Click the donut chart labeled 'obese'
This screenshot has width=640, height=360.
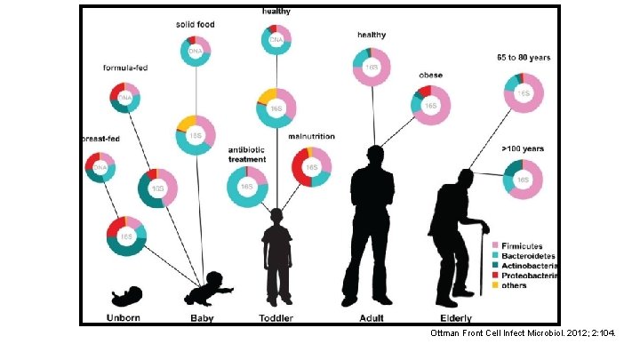pos(431,105)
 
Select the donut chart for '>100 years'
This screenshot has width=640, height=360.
pos(524,180)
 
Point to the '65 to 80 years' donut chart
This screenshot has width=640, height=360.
pos(524,92)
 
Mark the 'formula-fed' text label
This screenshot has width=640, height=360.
pos(124,68)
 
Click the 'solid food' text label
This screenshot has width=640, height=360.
pos(195,24)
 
